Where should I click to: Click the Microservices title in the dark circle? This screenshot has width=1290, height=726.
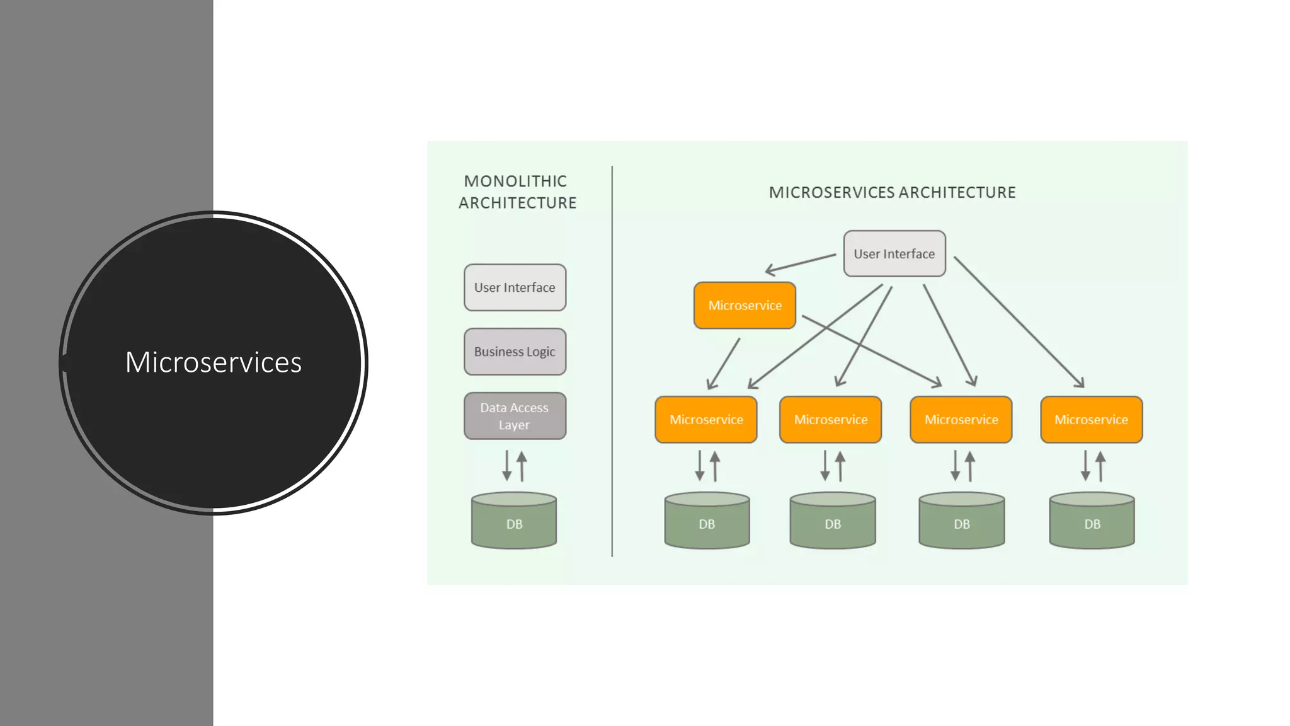pos(213,362)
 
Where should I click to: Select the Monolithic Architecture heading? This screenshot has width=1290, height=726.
pos(517,192)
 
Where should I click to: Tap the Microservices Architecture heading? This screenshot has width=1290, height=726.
pos(892,193)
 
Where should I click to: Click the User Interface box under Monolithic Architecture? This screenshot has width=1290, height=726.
pos(515,287)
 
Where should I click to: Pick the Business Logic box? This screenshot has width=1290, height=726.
pos(515,352)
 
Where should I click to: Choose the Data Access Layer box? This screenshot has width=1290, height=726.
pos(515,416)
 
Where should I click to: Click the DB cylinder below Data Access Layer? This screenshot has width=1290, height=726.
pos(514,521)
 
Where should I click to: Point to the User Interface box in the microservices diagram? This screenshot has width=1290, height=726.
pos(894,253)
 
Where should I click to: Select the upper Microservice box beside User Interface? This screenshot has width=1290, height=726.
pos(745,306)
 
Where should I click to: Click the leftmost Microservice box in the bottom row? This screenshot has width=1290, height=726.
pos(705,420)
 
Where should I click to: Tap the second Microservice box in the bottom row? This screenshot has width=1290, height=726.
pos(830,420)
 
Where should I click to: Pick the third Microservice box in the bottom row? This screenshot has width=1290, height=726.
pos(961,420)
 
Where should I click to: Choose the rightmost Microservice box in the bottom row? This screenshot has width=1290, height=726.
pos(1091,420)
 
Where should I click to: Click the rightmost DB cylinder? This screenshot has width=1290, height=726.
pos(1092,521)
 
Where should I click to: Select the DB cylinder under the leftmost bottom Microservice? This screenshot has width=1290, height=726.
pos(707,521)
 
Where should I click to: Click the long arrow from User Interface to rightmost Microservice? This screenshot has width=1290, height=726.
pos(1019,322)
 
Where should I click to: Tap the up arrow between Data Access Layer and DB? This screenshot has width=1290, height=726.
pos(522,466)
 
